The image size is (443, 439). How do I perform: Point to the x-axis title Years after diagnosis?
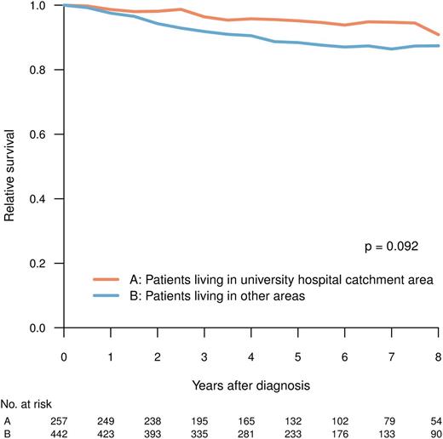click(x=251, y=384)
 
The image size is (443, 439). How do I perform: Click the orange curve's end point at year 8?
click(x=438, y=35)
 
